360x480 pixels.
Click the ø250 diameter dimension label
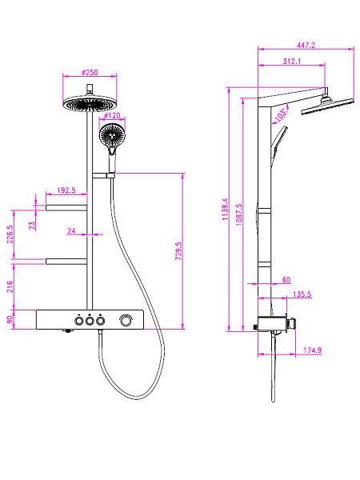point(90,73)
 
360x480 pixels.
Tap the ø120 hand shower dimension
point(112,116)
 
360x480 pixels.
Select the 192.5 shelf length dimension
point(66,190)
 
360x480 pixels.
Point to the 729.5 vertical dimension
point(178,251)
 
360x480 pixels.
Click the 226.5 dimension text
point(10,234)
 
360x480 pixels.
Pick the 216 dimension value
point(10,286)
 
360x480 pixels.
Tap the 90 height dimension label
point(10,319)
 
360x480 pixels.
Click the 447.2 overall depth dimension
point(306,46)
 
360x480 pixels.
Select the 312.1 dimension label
point(292,62)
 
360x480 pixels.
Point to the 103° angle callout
point(281,114)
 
